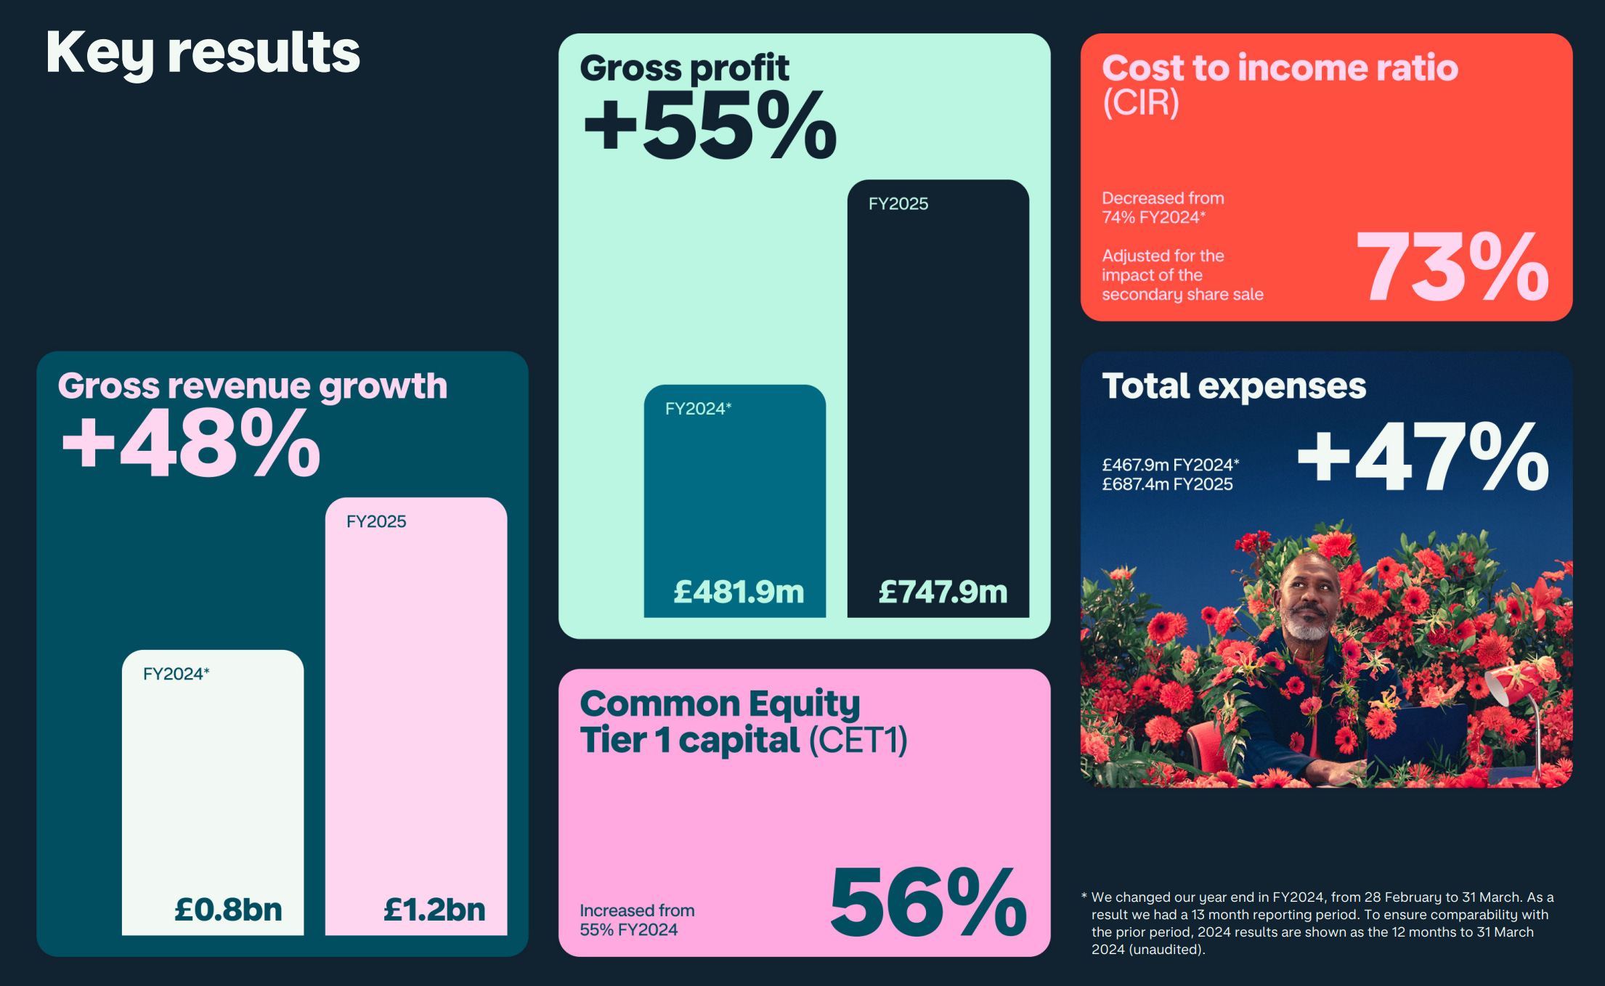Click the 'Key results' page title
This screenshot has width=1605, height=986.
pos(203,53)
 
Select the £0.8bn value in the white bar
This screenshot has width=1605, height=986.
pos(228,909)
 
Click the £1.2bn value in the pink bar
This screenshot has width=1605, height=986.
pos(434,909)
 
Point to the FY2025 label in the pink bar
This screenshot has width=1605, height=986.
pos(376,521)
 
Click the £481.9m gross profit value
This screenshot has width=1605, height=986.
pos(739,592)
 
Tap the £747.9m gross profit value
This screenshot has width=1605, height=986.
pos(943,592)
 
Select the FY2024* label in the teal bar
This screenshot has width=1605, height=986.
pos(698,409)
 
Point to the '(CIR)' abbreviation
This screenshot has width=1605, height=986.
pos(1140,103)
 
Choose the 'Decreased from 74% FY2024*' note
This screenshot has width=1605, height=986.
pos(1162,208)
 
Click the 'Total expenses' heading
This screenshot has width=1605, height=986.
pos(1234,386)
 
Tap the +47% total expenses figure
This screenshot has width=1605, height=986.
pos(1423,457)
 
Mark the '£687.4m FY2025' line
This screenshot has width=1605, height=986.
pos(1167,484)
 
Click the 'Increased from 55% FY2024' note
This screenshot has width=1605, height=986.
pos(636,920)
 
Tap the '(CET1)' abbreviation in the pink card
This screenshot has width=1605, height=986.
pos(858,741)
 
